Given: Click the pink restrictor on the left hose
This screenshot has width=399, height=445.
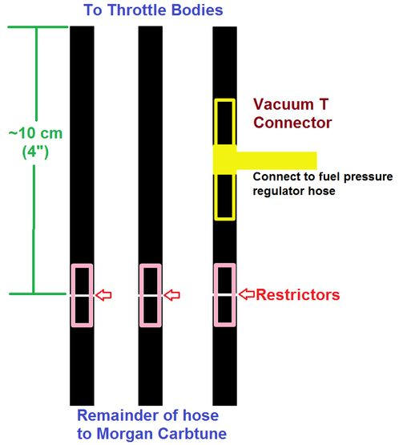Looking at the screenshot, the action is click(x=72, y=295).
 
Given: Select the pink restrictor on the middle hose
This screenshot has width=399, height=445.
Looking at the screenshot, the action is click(x=141, y=295).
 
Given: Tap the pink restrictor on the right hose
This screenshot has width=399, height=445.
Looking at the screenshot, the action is click(x=216, y=295).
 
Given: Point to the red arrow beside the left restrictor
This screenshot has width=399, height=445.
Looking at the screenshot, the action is click(x=103, y=295).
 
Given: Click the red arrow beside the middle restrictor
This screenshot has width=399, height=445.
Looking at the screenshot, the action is click(x=172, y=295).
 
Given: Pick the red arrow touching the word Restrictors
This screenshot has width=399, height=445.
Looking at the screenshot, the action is click(x=247, y=294).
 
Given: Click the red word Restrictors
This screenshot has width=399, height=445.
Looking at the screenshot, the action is click(x=298, y=294).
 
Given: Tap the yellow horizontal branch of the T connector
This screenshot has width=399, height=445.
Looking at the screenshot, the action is click(x=276, y=160).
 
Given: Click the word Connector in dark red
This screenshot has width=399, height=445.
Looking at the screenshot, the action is click(x=292, y=123).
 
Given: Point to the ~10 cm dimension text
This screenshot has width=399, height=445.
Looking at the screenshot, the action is click(x=35, y=133).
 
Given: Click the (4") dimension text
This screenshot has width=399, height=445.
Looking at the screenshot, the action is click(x=35, y=152).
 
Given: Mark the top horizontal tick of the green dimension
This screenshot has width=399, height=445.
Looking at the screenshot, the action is click(x=38, y=27).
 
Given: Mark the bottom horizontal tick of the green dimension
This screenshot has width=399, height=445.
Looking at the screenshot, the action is click(x=38, y=293).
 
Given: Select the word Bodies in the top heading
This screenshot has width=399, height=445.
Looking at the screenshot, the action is click(x=197, y=10).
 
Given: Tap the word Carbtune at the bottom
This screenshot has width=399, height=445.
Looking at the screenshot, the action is click(x=192, y=434).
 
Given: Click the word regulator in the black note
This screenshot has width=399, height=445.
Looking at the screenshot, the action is click(x=278, y=191).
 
